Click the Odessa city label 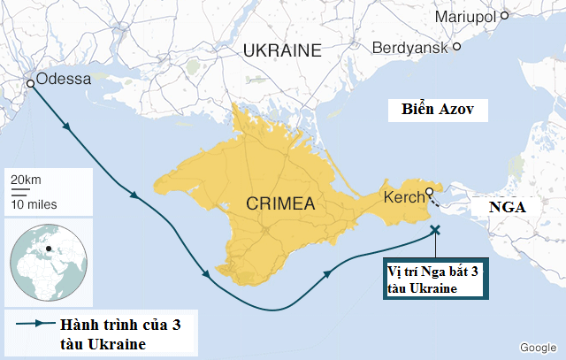point(64,79)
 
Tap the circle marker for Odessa point(31,83)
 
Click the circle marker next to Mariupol point(504,15)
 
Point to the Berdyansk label point(410,46)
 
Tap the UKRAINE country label point(282,50)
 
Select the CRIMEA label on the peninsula point(281,204)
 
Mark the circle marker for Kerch point(429,192)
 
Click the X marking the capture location point(434,230)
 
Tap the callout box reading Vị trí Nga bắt point(434,278)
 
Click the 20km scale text point(26,180)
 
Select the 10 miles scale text point(34,203)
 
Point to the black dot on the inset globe point(50,247)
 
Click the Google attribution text point(537,347)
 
